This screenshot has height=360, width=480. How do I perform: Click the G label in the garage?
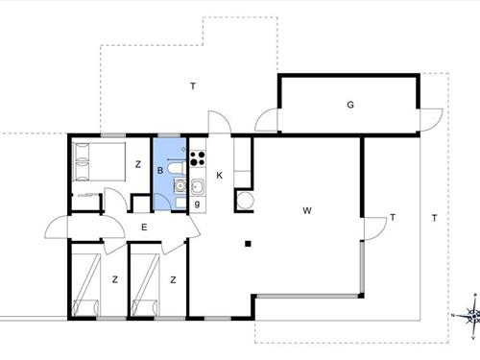[x=351, y=105]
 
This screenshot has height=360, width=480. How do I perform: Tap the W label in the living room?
[x=307, y=209]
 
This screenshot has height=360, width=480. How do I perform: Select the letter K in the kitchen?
[x=220, y=175]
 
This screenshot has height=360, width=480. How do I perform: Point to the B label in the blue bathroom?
[x=161, y=172]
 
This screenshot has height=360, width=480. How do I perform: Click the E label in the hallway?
[x=143, y=228]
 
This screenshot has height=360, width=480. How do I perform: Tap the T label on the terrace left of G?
[x=193, y=87]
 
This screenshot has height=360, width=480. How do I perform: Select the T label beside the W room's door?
[x=394, y=218]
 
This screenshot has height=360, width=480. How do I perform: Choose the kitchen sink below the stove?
[x=197, y=186]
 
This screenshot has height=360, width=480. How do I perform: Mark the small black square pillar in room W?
[x=248, y=244]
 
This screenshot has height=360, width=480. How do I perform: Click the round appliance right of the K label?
[x=243, y=201]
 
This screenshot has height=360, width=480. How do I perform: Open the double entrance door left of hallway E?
[x=58, y=229]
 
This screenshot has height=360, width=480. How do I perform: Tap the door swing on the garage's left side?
[x=267, y=121]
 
